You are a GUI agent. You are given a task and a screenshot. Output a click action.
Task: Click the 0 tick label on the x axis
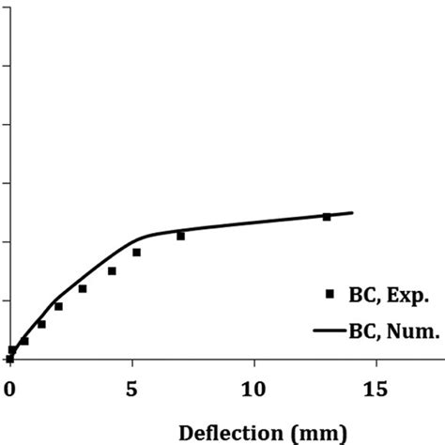9,387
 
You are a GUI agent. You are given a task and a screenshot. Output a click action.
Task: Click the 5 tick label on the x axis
132,387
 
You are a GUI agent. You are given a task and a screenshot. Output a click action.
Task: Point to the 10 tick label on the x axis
254,387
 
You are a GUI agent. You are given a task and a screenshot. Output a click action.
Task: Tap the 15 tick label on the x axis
376,387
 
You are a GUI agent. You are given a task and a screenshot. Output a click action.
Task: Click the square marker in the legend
330,294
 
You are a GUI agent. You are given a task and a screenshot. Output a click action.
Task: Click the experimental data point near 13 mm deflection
327,217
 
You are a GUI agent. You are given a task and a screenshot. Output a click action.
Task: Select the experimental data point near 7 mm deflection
180,236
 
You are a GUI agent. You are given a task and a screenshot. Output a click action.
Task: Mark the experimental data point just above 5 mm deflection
136,253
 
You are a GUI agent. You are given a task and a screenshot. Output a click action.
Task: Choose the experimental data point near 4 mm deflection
112,271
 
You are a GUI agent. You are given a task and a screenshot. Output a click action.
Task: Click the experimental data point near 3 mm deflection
83,288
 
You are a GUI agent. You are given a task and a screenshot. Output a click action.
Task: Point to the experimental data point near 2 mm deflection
58,306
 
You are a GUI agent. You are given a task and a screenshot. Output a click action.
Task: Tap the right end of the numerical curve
352,213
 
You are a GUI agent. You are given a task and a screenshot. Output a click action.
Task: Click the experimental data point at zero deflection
9,359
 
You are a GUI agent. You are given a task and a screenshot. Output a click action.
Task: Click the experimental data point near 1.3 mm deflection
41,324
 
